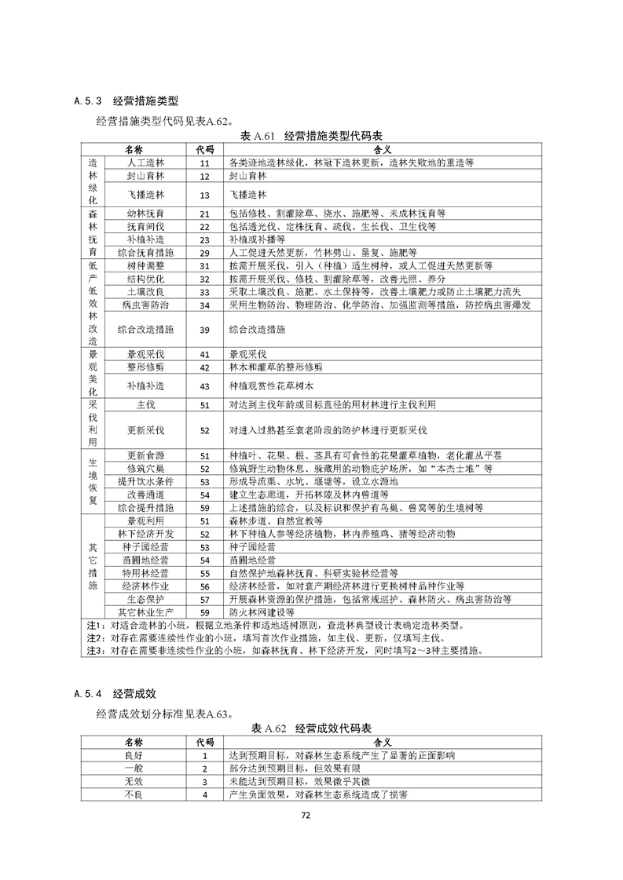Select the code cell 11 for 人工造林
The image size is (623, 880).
click(x=204, y=162)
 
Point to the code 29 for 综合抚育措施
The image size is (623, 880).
click(x=204, y=253)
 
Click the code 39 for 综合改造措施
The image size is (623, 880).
click(x=204, y=329)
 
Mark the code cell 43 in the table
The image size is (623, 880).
click(x=204, y=385)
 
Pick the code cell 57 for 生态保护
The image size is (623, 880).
click(x=204, y=598)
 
